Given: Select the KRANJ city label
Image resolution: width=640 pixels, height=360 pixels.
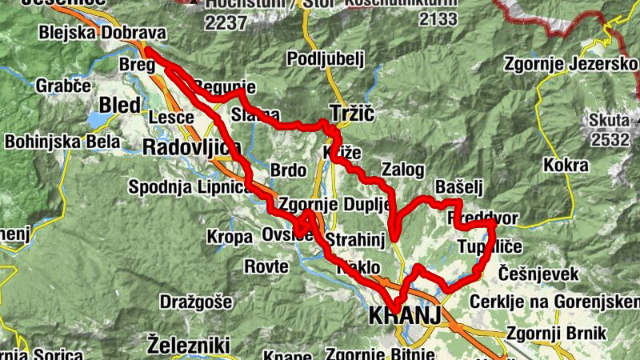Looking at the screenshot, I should pos(405,317).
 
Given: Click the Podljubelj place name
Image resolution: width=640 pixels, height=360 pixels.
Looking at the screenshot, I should pos(325,58).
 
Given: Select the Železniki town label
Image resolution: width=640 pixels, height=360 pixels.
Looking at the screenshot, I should pos(189,346).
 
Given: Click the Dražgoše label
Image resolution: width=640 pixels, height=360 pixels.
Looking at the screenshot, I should pos(195,302).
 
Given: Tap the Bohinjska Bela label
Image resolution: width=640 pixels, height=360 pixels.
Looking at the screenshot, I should pos(62,142).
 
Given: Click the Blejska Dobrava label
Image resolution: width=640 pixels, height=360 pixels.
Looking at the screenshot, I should pos(102,34).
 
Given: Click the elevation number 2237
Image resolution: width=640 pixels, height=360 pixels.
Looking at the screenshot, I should pos(226,22).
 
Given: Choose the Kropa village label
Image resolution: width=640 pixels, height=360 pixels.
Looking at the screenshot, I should pos(230,237).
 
